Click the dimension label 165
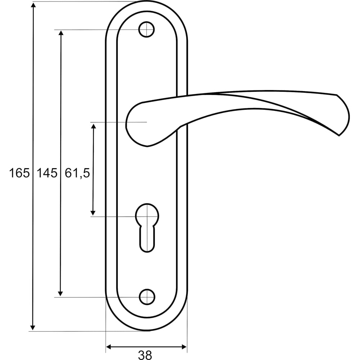coord(19,173)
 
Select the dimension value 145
coord(47,173)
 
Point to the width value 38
coord(145,355)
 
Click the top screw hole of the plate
coord(147,30)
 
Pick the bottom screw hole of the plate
coord(147,297)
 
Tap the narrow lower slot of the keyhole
coord(147,239)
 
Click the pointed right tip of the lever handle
coord(339,135)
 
